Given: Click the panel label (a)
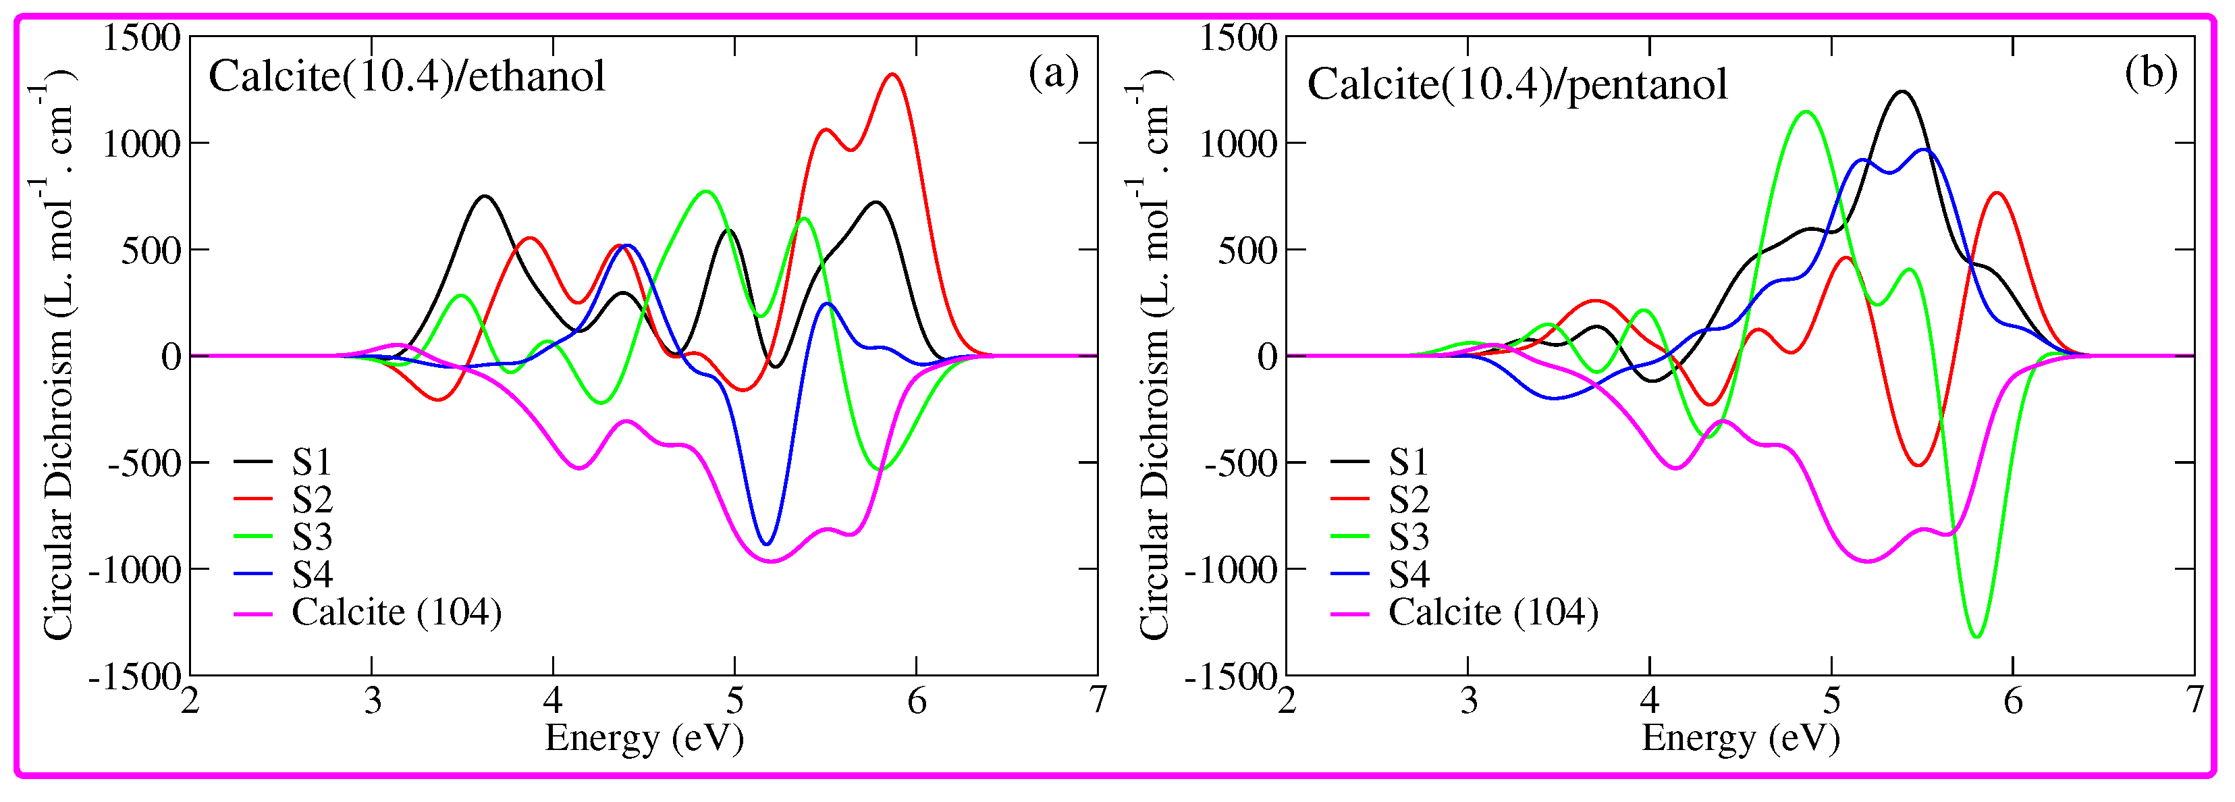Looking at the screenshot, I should (x=1053, y=74).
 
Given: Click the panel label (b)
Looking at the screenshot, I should (x=2150, y=74).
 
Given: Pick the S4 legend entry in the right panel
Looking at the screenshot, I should (x=1408, y=574).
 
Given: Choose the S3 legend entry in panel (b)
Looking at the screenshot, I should (x=1408, y=537).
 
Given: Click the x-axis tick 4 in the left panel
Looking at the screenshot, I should (x=554, y=699).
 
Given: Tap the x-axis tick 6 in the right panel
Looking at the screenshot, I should (x=2013, y=699).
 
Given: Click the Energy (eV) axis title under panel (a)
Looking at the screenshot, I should (x=644, y=738).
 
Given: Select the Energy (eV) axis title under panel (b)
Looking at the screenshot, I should (x=1740, y=738).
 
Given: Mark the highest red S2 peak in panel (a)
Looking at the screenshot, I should (x=893, y=76).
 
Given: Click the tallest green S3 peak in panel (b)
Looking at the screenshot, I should (x=1806, y=112).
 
